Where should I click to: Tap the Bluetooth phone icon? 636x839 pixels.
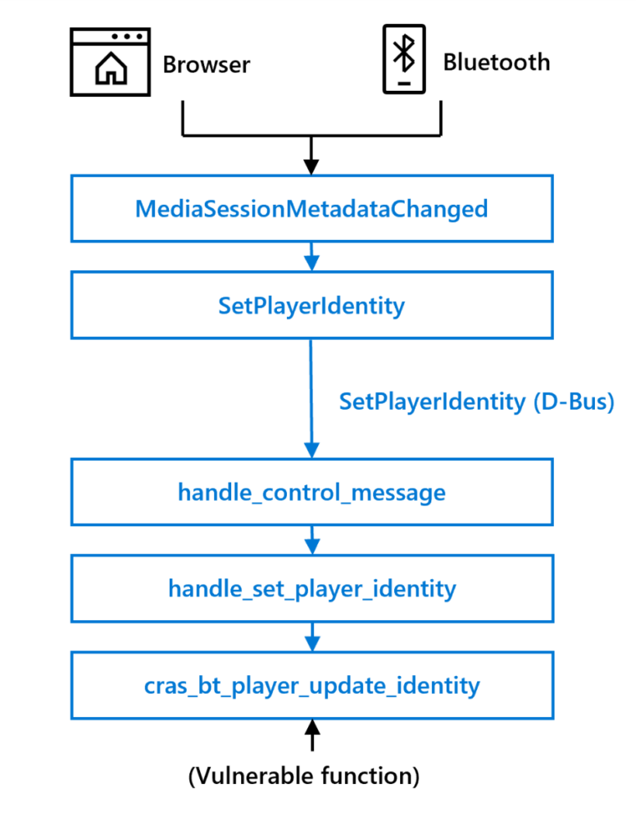tap(403, 60)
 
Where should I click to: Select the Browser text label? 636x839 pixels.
tap(207, 64)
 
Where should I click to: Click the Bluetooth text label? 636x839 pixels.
tap(497, 62)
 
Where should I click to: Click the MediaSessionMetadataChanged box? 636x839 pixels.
tap(311, 208)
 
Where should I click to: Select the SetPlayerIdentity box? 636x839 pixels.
tap(311, 306)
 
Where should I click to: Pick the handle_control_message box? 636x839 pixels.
tap(311, 492)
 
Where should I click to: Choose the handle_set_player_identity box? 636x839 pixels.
tap(311, 588)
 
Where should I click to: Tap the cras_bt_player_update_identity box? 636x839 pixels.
tap(311, 685)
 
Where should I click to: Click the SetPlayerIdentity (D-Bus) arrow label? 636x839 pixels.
tap(476, 401)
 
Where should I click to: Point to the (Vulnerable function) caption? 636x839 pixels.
tap(304, 775)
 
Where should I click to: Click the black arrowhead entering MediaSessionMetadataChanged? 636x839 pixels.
tap(311, 166)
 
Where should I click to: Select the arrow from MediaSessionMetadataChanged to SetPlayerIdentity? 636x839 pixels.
tap(311, 257)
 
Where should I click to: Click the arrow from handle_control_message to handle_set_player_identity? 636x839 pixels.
tap(311, 540)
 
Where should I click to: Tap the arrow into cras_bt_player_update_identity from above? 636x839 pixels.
tap(311, 637)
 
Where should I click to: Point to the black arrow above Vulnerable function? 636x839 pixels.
tap(311, 735)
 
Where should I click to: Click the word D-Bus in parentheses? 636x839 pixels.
tap(579, 401)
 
